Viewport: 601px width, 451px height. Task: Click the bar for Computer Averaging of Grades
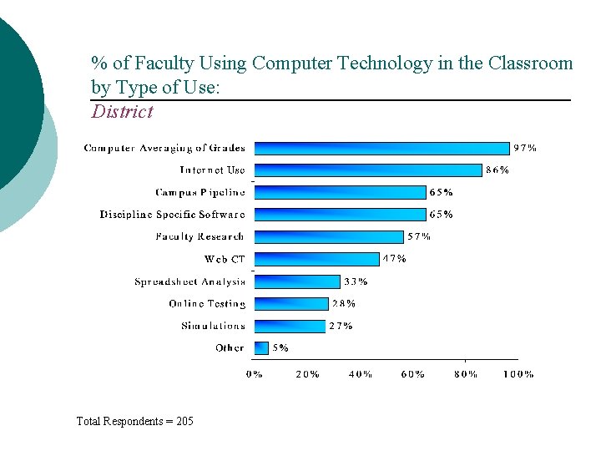[x=381, y=148]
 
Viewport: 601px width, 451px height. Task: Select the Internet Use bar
[x=367, y=170]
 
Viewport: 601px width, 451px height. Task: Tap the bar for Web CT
[x=316, y=259]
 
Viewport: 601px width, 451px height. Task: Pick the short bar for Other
[x=260, y=347]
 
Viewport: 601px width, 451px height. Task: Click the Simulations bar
[x=289, y=326]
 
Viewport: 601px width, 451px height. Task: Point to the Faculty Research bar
[x=329, y=236]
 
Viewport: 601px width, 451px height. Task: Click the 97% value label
[x=525, y=148]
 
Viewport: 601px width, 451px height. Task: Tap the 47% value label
[x=394, y=259]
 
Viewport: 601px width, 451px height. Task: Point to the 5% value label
[x=280, y=347]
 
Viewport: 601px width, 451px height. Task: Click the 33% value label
[x=356, y=281]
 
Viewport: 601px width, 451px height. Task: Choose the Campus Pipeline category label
[x=200, y=192]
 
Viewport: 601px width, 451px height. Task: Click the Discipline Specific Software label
[x=173, y=215]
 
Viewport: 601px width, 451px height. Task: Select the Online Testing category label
[x=207, y=304]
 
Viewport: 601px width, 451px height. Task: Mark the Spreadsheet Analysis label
[x=190, y=281]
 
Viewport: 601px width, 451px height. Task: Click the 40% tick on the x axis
[x=360, y=374]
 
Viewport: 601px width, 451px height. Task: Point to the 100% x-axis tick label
[x=518, y=374]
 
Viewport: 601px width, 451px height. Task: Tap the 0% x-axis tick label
[x=255, y=374]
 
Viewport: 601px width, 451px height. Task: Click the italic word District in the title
[x=123, y=111]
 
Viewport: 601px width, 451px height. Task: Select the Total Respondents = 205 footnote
[x=134, y=421]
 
